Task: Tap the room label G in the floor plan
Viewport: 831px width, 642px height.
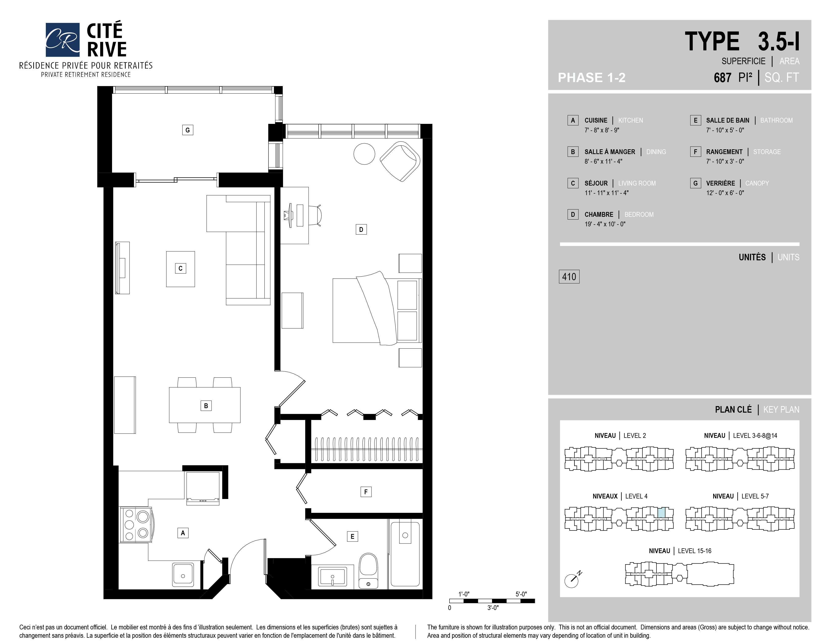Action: [x=188, y=130]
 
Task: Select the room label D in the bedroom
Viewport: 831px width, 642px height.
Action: [x=361, y=229]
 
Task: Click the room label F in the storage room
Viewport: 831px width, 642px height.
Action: [x=366, y=492]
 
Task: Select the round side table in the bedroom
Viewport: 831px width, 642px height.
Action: [x=364, y=154]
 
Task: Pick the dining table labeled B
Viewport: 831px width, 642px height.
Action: [x=205, y=405]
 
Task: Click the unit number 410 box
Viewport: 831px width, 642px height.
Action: [x=569, y=276]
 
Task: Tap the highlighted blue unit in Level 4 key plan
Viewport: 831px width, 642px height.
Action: [x=662, y=512]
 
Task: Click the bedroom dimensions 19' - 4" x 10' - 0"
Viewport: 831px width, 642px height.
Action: [x=605, y=224]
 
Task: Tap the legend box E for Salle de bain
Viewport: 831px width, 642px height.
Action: [x=696, y=120]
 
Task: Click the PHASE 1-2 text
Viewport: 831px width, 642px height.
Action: [x=592, y=78]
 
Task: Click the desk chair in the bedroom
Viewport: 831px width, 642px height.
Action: [x=316, y=215]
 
